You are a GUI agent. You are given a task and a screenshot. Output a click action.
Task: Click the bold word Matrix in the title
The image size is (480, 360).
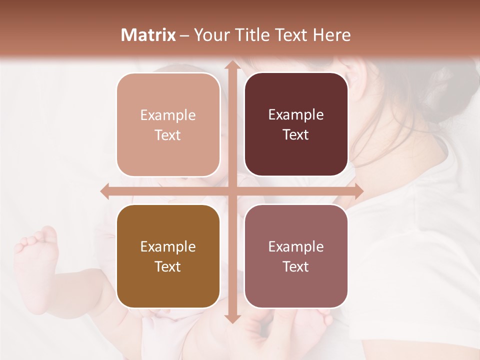[x=148, y=35]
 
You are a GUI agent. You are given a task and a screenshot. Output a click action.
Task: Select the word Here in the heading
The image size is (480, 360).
[x=331, y=35]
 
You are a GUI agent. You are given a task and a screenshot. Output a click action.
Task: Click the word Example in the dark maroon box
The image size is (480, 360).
[x=296, y=114]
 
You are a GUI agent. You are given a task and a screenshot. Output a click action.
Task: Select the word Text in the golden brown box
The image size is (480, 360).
[x=168, y=266]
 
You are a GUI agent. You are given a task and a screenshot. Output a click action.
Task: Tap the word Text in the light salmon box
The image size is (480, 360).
[x=168, y=135]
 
